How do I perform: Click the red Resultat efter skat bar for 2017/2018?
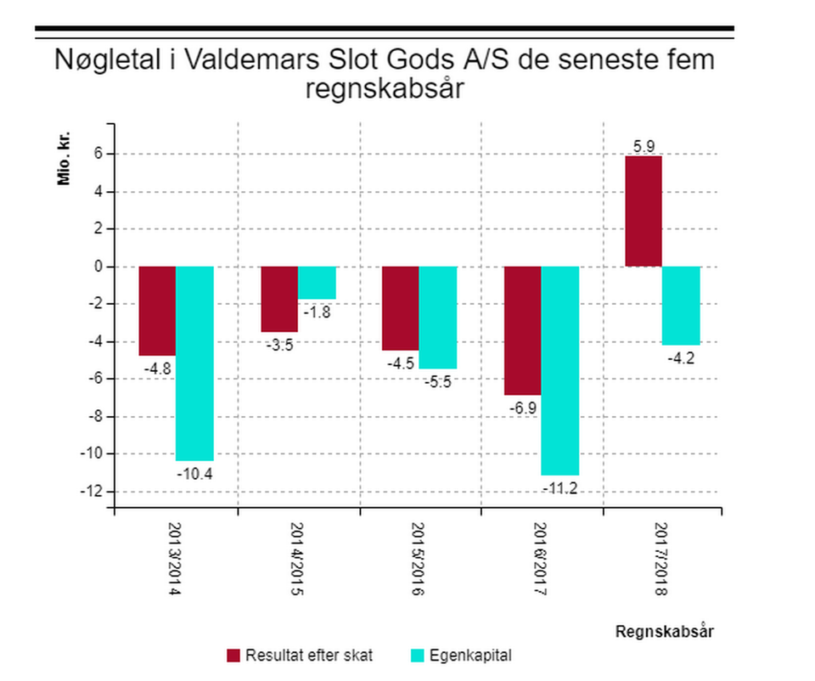coord(644,211)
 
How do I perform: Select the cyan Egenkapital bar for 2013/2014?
coord(194,363)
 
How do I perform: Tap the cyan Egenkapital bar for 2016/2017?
coord(560,370)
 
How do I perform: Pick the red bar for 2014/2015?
coord(279,299)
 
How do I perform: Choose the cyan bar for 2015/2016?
coord(438,318)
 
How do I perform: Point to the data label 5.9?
coord(644,146)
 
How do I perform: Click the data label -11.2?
coord(560,487)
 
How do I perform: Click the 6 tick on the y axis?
coord(98,155)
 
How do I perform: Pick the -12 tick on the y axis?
coord(93,492)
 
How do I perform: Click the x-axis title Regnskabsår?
coord(665,632)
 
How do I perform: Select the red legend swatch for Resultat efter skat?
coord(234,656)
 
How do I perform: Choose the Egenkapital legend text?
coord(470,656)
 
